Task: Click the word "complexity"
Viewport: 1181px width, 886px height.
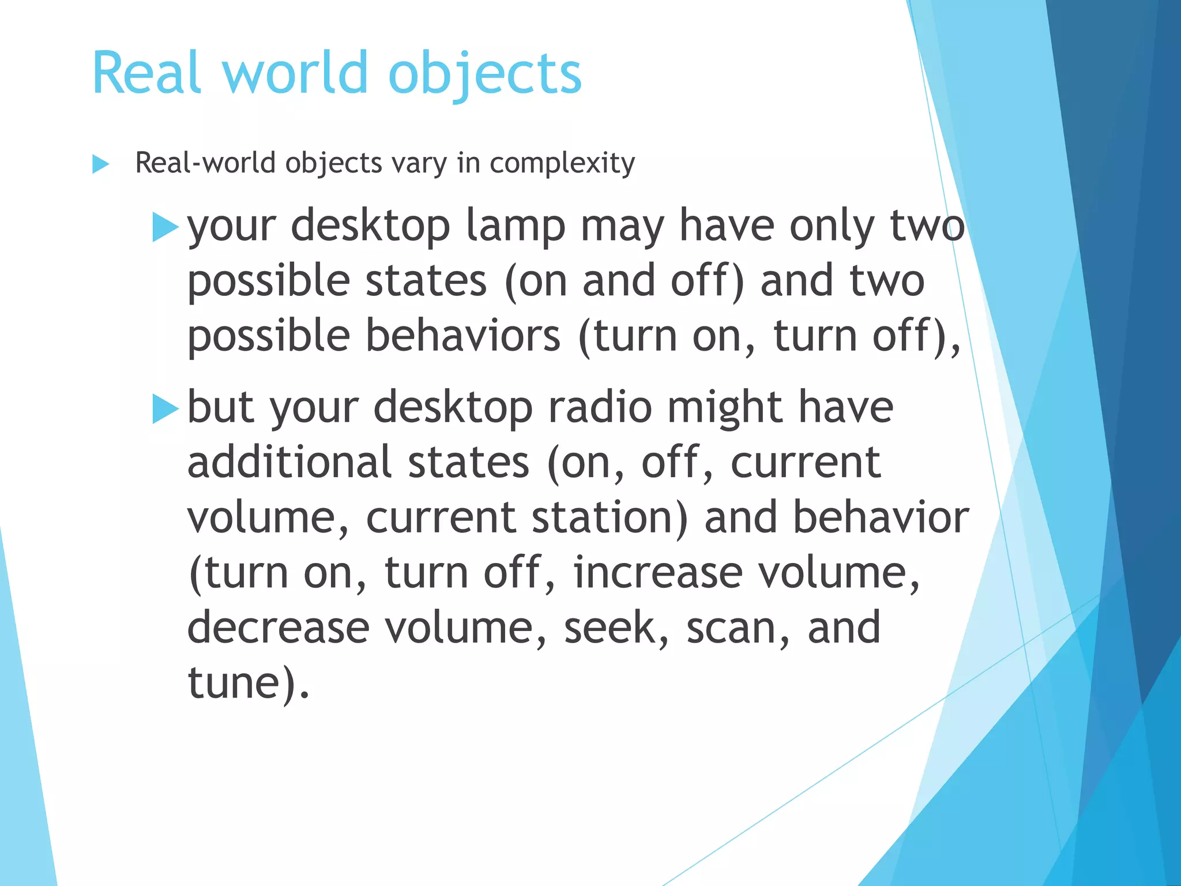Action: click(x=562, y=163)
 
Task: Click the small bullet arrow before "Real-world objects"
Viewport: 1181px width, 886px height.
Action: click(x=101, y=164)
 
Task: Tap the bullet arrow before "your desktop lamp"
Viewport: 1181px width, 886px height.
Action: click(x=166, y=227)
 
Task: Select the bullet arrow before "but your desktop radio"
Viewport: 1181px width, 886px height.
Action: click(x=166, y=409)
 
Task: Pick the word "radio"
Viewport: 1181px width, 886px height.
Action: click(x=600, y=407)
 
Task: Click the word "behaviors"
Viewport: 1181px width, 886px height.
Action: click(x=462, y=336)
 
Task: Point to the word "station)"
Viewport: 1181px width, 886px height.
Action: click(x=610, y=517)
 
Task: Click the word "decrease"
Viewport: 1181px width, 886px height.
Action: click(x=279, y=628)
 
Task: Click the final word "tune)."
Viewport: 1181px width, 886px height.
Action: click(x=249, y=683)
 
